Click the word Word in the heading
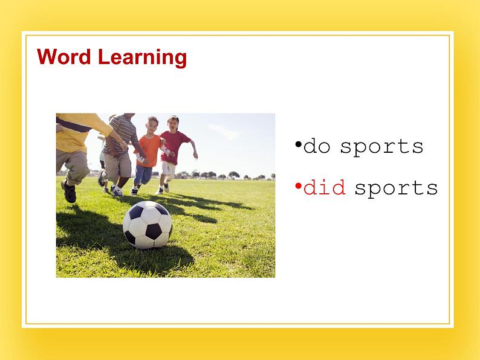tap(64, 57)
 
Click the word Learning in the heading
tap(142, 58)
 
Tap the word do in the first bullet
tap(317, 146)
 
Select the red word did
tap(325, 187)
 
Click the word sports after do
tap(381, 147)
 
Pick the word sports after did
tap(396, 188)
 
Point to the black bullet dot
tap(298, 144)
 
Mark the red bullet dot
tap(298, 185)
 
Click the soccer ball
tap(148, 225)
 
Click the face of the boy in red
tap(173, 123)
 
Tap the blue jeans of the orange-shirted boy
tap(142, 175)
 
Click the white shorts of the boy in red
tap(169, 169)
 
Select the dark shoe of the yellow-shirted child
tap(69, 191)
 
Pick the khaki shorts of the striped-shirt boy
tap(117, 166)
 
